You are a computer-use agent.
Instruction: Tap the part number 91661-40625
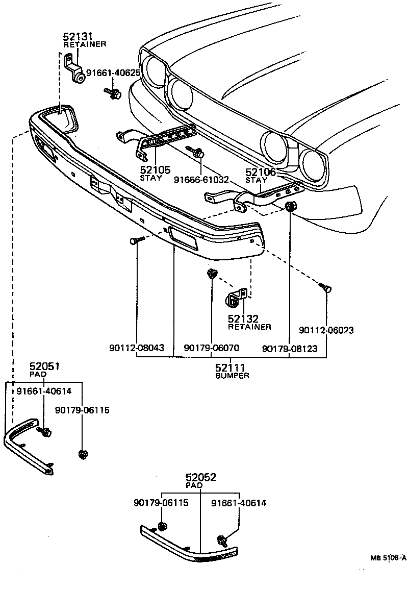[113, 73]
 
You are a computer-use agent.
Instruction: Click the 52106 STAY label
[260, 176]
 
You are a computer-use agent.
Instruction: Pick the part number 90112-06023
[326, 330]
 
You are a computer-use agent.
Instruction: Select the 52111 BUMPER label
[230, 371]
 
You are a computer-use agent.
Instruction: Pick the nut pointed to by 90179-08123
[290, 206]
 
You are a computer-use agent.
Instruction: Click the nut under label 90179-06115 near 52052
[163, 527]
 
